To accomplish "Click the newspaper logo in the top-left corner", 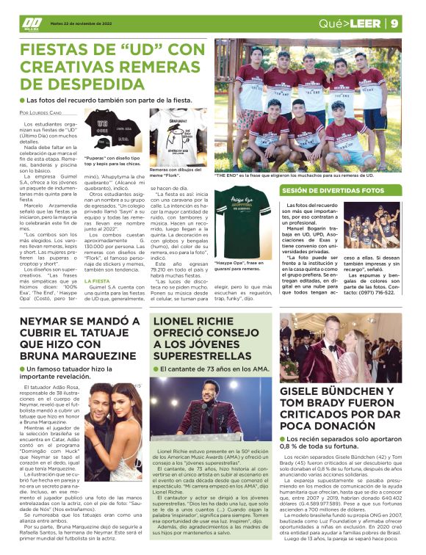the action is click(31, 23).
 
